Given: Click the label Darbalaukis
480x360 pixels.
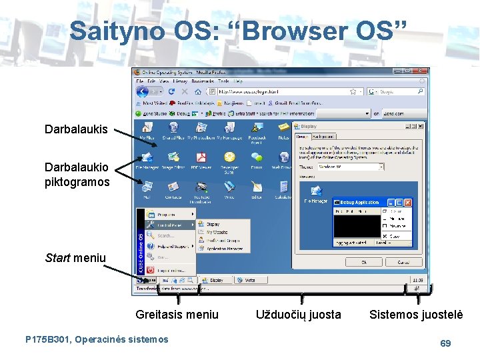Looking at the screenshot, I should point(75,129).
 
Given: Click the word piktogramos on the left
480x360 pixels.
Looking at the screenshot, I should point(77,182).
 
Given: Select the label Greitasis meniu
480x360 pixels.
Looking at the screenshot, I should point(177,314).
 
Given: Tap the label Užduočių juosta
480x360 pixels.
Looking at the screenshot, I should point(298,314).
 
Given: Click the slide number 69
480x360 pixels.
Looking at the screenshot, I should point(445,343).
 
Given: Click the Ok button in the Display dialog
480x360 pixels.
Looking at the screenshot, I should point(363,262).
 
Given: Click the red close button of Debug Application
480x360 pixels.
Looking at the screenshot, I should point(408,202).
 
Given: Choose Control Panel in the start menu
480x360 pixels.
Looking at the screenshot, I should point(168,225).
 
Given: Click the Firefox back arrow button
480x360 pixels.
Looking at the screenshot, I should point(141,91).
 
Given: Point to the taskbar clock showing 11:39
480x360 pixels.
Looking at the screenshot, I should point(418,280).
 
